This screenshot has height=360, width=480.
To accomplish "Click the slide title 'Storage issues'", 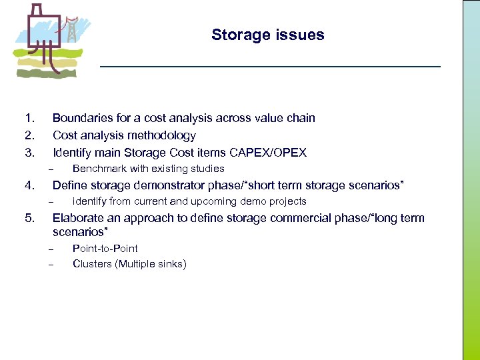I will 267,35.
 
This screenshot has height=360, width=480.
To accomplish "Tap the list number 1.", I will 29,119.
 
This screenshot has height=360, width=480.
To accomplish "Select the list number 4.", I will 29,185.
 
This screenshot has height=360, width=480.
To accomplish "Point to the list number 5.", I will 29,218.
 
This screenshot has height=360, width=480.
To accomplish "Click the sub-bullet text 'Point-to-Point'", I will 105,249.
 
